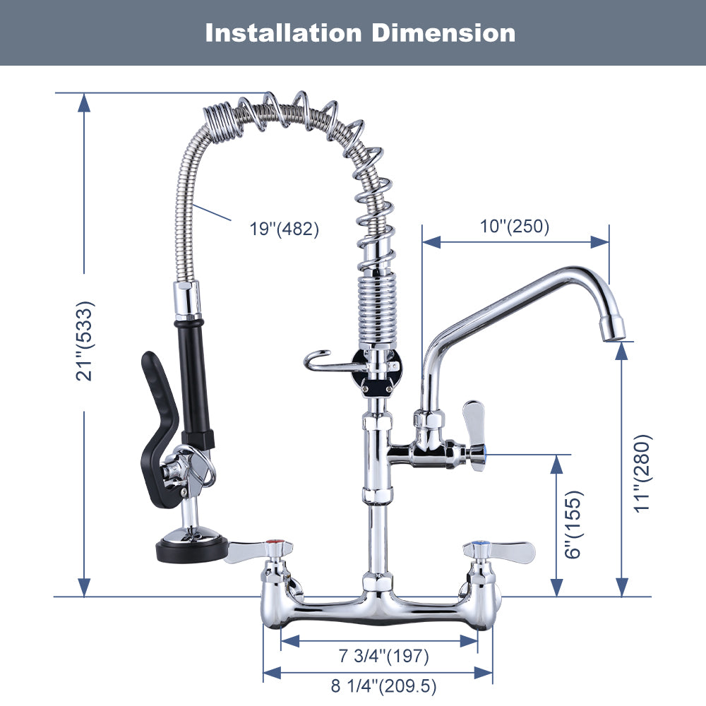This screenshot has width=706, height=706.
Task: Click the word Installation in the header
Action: pos(283,33)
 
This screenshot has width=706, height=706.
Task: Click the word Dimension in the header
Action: pos(443,33)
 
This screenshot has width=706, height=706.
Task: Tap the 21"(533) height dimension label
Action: pos(85,341)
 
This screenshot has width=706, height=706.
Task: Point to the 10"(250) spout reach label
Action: pos(515,226)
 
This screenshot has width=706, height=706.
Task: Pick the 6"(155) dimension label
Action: pos(574,525)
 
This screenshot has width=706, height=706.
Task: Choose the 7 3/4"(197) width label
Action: pos(383,656)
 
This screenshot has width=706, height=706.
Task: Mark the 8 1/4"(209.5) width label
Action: pos(383,686)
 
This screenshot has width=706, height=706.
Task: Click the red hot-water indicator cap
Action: pos(273,542)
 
